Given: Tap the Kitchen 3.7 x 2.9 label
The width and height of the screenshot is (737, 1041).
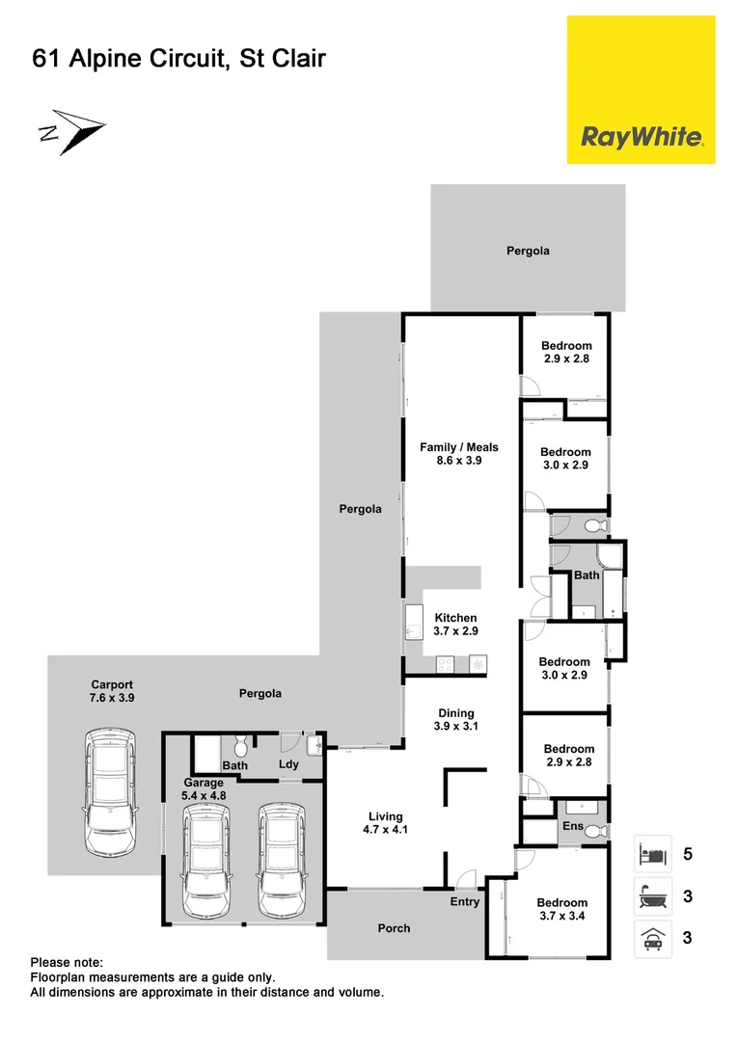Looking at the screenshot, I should click(x=455, y=625).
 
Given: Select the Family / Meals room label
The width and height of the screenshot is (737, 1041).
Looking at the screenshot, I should click(x=459, y=454).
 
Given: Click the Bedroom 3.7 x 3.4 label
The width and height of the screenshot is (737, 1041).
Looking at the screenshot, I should click(x=561, y=910).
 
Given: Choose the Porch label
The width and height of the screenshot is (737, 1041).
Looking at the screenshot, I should click(x=394, y=928).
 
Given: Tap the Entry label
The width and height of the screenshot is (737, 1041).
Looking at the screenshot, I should click(x=464, y=902).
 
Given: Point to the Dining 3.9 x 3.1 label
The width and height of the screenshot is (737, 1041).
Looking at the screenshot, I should click(x=456, y=720).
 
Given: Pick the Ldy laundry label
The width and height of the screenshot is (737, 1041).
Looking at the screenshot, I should click(x=288, y=764).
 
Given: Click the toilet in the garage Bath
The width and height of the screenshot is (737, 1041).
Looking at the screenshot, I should click(x=241, y=747).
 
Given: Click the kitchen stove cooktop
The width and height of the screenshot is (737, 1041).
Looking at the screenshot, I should click(x=447, y=664).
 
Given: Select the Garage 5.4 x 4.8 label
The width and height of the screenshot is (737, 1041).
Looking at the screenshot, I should click(x=204, y=789).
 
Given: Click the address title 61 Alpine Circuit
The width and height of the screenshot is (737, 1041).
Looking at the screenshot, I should click(x=179, y=60).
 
